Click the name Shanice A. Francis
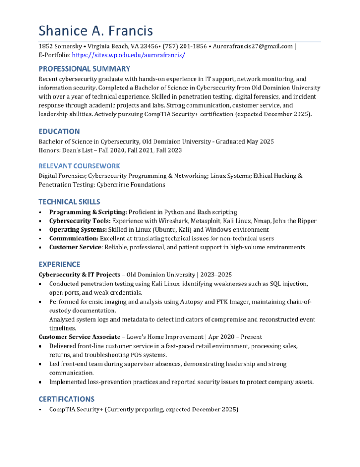(95, 31)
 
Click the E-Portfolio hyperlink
(129, 55)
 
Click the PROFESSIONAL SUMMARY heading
(84, 69)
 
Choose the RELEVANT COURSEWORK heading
(79, 166)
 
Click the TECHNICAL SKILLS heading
(69, 202)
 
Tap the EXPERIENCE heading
(59, 265)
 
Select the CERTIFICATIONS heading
(67, 399)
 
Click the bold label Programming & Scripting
(87, 212)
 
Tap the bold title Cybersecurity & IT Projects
(80, 275)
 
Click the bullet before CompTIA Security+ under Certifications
(41, 410)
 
